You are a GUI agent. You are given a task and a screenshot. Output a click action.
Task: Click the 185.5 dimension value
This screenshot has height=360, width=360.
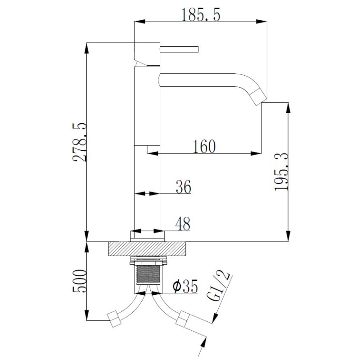[x=201, y=15]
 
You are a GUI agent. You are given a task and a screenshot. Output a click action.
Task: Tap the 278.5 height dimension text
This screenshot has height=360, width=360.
[x=80, y=142]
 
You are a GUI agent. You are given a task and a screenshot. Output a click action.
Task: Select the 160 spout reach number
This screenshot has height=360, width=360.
[x=204, y=146]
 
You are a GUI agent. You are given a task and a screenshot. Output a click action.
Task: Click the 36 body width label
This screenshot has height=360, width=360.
[x=184, y=187]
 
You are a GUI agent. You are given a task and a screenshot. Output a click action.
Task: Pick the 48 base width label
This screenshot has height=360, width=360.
[x=183, y=224]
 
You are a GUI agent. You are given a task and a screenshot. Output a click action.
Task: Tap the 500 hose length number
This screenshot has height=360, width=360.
[x=80, y=281]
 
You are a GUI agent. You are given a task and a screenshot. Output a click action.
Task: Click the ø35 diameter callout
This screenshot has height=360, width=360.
[x=185, y=287]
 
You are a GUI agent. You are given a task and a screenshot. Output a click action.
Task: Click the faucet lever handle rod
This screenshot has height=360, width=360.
[x=179, y=49]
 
